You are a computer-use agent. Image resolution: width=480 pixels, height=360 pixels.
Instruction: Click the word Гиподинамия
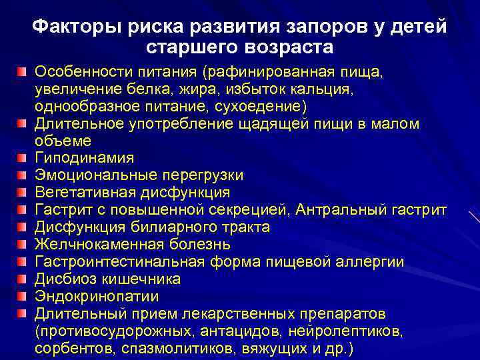click(x=84, y=158)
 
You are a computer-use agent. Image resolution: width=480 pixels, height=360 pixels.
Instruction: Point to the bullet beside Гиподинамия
click(x=23, y=158)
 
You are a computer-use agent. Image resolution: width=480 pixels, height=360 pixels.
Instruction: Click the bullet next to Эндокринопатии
click(x=23, y=296)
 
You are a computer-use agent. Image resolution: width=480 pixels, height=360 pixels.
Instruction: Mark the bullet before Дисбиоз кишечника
click(x=23, y=279)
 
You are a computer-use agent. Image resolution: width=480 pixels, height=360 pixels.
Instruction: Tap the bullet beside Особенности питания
click(x=23, y=71)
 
